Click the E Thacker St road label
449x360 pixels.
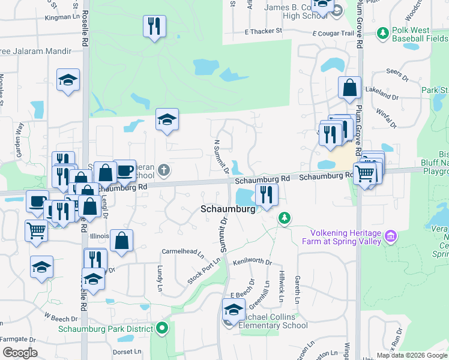(263, 31)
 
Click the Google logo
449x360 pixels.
(20, 352)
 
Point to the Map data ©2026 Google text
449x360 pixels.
(412, 355)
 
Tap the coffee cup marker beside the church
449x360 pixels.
(124, 170)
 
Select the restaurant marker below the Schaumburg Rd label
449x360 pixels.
(266, 194)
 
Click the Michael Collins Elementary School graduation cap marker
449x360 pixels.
(232, 310)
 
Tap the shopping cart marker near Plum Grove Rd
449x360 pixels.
(364, 174)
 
